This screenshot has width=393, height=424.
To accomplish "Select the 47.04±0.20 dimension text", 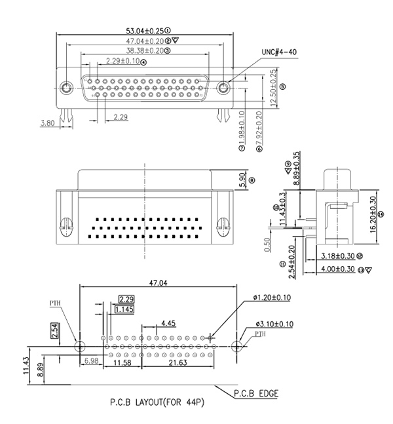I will [x=145, y=40].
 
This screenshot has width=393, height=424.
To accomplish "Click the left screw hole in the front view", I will [x=65, y=87].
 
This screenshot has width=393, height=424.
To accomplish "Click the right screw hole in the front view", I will [x=225, y=87].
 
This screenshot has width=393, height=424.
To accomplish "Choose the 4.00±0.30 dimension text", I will [x=338, y=269].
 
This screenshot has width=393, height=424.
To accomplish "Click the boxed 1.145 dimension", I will [x=124, y=309].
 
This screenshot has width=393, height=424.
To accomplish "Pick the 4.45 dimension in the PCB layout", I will [x=167, y=323].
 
